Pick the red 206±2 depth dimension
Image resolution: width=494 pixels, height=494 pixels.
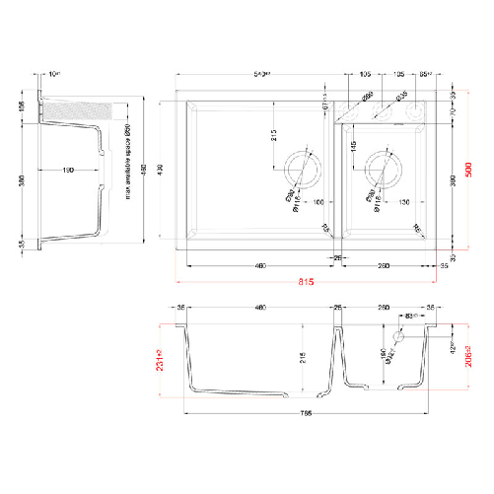[x=480, y=350]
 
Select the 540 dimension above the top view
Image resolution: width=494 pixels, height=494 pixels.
[x=262, y=74]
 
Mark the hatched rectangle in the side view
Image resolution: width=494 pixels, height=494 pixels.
[x=67, y=107]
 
